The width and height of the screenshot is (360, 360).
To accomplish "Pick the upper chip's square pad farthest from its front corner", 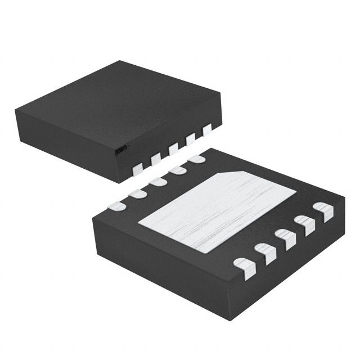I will [206, 129].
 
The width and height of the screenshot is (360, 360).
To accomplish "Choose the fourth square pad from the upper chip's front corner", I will [190, 138].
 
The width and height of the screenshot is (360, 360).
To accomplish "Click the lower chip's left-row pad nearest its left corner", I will [116, 206].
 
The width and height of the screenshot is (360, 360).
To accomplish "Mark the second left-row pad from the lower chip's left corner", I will [137, 193].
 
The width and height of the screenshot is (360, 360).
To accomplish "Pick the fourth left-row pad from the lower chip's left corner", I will [177, 170].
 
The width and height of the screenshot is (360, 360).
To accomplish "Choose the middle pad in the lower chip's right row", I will [285, 238].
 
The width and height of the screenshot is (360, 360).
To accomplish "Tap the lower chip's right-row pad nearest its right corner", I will [323, 211].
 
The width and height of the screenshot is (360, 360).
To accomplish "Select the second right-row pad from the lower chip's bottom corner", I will [265, 253].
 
